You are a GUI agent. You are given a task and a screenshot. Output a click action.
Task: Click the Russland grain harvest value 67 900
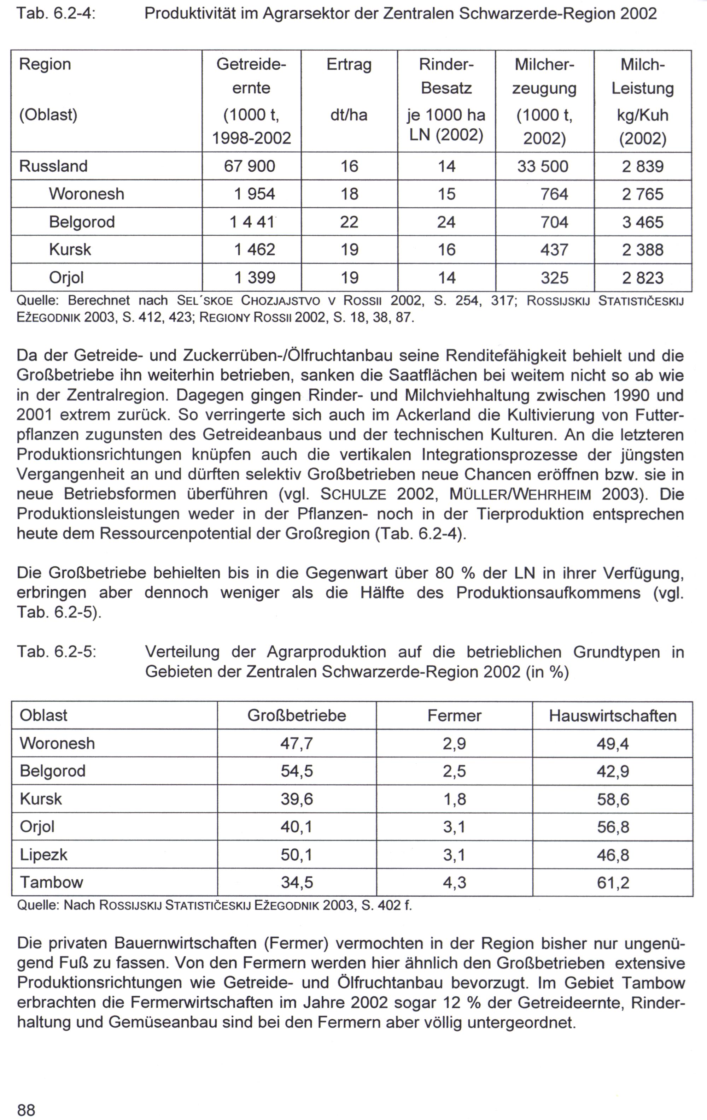click(250, 166)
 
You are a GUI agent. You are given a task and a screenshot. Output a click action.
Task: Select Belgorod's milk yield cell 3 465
click(642, 222)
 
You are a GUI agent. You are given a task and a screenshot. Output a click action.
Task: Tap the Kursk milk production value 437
click(554, 250)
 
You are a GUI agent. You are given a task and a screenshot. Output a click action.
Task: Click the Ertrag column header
click(349, 64)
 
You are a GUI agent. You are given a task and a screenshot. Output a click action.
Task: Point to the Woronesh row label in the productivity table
click(87, 194)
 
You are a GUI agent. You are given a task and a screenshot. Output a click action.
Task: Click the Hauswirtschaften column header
click(613, 715)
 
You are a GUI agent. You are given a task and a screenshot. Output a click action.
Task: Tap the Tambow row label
click(51, 882)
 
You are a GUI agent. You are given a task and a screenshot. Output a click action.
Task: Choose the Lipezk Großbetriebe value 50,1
click(297, 854)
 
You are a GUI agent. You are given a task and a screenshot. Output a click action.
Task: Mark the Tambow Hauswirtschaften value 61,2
click(613, 882)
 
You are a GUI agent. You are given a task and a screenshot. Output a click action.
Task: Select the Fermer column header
click(454, 715)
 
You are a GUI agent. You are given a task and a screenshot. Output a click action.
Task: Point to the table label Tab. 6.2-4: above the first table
click(56, 14)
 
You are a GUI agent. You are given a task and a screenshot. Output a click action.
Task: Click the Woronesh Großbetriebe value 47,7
click(297, 743)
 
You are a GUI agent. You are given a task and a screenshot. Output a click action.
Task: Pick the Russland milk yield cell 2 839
click(642, 166)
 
